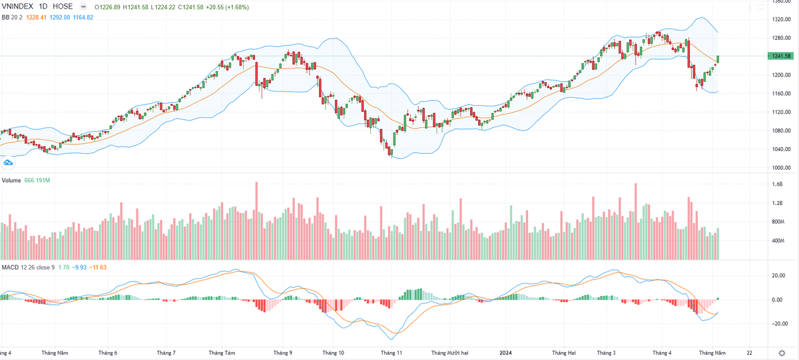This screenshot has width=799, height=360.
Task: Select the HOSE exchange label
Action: coord(63,6)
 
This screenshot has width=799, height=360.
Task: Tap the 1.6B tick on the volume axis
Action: coord(776,184)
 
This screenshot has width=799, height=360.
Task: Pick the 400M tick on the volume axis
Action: coord(777,241)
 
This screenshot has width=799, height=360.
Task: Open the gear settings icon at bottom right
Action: coord(782,353)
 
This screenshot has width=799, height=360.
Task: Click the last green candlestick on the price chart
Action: coord(718,59)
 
